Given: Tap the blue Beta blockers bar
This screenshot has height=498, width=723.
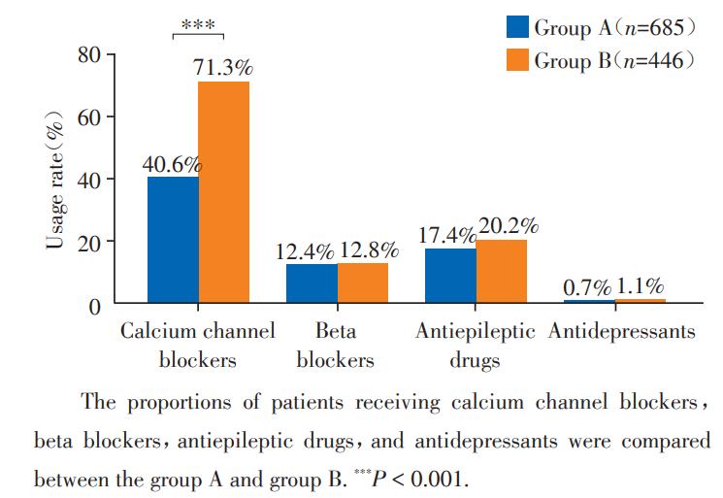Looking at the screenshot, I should [x=312, y=283].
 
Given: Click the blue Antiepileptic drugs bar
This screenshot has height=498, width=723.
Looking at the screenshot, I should [x=450, y=276].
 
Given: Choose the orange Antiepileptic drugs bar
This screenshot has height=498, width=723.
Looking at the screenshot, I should [x=501, y=271].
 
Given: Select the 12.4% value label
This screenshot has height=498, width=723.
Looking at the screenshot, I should [x=310, y=250].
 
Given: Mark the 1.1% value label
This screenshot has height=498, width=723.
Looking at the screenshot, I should [x=640, y=286].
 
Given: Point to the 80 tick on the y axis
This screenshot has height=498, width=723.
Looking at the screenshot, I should [x=89, y=55].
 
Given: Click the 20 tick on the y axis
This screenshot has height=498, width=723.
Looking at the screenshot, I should [x=89, y=242].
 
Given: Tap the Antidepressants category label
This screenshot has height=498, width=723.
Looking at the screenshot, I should [x=621, y=332].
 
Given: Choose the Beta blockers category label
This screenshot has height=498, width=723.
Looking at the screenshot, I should [x=335, y=346].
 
